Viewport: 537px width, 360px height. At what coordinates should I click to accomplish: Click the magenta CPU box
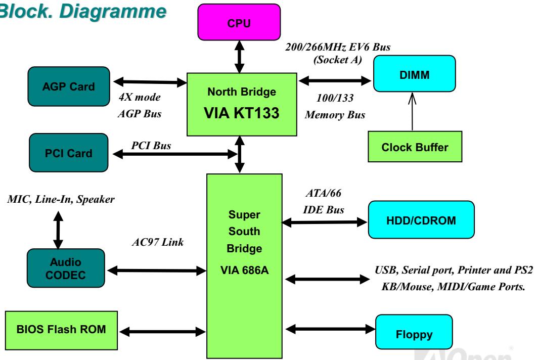coord(239,22)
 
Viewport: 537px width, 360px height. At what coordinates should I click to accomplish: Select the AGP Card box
coord(69,86)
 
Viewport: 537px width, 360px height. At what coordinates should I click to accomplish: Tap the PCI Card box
coord(68,153)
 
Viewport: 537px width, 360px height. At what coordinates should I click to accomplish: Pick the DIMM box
coord(415,74)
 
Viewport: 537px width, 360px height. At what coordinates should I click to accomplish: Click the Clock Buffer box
coord(415,147)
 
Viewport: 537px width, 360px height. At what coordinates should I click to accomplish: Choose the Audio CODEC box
coord(66,268)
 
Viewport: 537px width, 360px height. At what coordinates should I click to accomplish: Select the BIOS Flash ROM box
coord(61,330)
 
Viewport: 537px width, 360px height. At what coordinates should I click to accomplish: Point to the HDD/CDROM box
coord(421,220)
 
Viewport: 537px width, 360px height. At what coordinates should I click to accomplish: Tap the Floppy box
coord(414,332)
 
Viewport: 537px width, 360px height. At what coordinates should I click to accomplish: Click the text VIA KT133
coord(241,113)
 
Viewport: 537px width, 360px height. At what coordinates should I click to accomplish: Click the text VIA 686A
coord(244,271)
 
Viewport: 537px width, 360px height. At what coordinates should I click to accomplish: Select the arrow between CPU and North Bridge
coord(239,57)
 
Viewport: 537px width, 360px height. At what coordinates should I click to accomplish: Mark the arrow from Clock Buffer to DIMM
coord(412,111)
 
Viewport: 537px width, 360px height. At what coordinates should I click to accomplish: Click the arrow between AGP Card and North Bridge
coord(150,82)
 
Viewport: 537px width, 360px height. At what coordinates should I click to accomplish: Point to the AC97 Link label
coord(158,242)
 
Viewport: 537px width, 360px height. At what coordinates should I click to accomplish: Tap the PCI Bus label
coord(151,146)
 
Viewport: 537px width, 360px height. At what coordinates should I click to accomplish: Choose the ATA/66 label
coord(324,193)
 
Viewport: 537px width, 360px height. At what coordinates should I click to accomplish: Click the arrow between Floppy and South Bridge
coord(331,330)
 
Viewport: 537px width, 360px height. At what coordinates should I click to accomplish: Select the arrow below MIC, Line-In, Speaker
coord(58,230)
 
